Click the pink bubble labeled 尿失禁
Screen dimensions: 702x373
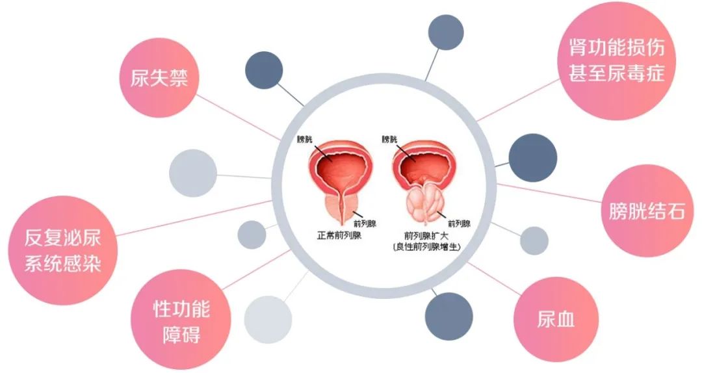[x=159, y=78]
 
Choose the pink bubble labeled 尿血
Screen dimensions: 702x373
[x=556, y=320]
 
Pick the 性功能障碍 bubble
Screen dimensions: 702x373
[x=181, y=322]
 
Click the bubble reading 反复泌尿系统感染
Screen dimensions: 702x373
[x=62, y=250]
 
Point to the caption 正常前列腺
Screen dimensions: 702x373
[x=339, y=235]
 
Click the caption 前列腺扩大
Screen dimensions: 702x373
[x=426, y=235]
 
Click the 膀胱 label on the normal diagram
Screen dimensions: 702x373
[x=304, y=139]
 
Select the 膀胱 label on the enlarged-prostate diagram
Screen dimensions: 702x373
[x=389, y=139]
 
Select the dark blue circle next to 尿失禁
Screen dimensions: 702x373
[x=264, y=70]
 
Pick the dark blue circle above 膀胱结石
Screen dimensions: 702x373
[x=533, y=158]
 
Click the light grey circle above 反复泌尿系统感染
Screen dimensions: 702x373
[x=193, y=173]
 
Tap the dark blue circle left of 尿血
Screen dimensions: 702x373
[x=448, y=316]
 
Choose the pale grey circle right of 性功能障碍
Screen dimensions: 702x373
[x=268, y=320]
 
